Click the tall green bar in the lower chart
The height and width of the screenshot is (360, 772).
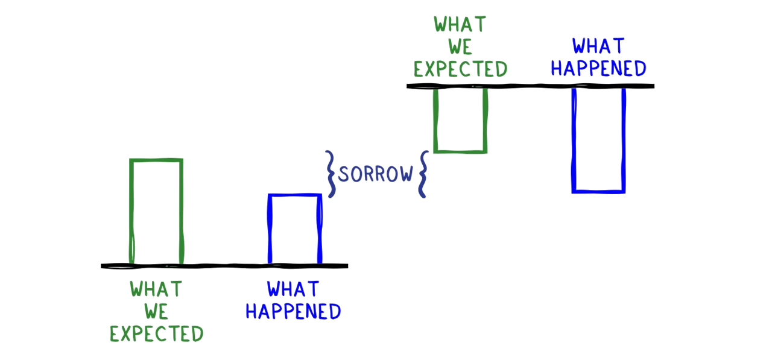click(x=156, y=211)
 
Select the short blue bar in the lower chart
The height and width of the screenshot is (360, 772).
click(x=294, y=229)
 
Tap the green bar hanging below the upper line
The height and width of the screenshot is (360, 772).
click(x=460, y=119)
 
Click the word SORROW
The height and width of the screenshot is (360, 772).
click(x=375, y=174)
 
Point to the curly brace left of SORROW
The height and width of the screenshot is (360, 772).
click(x=331, y=174)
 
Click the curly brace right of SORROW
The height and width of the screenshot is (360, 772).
click(x=422, y=174)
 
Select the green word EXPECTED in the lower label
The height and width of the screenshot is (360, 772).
click(x=156, y=333)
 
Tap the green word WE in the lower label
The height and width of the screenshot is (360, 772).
click(x=156, y=312)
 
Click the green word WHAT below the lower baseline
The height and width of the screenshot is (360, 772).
click(x=156, y=289)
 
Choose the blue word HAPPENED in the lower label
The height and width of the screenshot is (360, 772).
click(x=293, y=312)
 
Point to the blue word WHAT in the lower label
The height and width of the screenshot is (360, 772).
click(x=293, y=290)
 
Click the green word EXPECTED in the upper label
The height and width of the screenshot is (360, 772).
click(x=460, y=69)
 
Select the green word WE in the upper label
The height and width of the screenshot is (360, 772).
click(x=460, y=46)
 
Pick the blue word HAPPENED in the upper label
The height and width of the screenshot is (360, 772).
click(x=599, y=68)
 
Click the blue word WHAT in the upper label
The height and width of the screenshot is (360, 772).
click(x=599, y=46)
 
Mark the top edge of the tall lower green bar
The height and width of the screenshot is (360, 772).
click(x=156, y=160)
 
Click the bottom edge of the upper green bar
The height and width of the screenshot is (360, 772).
click(x=460, y=150)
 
